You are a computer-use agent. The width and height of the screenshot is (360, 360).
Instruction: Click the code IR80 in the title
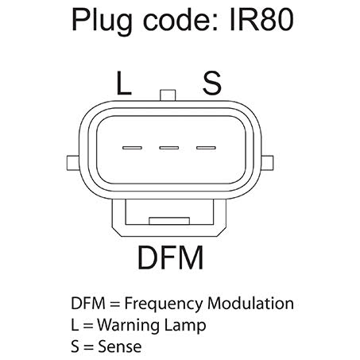(x=261, y=19)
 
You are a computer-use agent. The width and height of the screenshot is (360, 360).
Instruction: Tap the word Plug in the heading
(x=102, y=21)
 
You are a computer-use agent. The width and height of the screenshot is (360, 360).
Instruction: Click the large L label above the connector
(x=124, y=83)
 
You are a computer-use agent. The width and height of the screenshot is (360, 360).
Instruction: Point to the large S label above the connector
(x=211, y=83)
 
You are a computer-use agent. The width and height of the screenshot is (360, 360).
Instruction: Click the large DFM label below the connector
(x=171, y=257)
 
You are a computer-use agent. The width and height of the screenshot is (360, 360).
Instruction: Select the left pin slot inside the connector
(x=132, y=148)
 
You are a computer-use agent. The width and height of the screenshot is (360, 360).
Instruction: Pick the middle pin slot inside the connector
(x=168, y=148)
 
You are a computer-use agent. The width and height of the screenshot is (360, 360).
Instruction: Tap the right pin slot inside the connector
(x=206, y=148)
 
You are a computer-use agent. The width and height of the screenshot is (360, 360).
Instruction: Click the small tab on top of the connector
(x=168, y=95)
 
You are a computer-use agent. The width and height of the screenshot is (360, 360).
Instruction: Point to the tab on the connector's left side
(x=73, y=163)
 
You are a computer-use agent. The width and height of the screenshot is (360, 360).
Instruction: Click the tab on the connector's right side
(x=267, y=163)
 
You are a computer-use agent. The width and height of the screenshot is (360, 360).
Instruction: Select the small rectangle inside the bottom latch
(x=169, y=221)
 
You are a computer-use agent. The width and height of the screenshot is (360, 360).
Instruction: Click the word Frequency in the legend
(x=164, y=304)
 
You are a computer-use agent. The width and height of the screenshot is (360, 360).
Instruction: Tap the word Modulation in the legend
(x=250, y=303)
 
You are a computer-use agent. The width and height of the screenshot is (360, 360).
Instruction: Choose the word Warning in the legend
(x=128, y=325)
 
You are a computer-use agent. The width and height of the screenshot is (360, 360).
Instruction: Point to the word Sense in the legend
(x=120, y=346)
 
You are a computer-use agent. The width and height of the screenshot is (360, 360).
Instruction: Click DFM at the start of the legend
(x=88, y=303)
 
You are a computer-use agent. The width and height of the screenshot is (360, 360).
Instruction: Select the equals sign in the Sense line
(x=88, y=347)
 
